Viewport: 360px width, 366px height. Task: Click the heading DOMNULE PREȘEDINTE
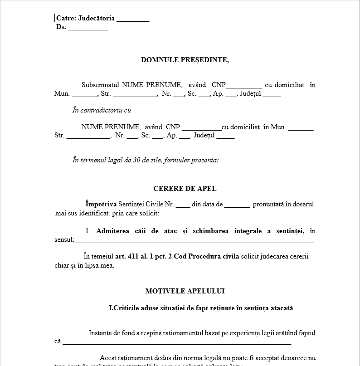coord(185,60)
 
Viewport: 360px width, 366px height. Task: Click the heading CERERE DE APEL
coord(185,189)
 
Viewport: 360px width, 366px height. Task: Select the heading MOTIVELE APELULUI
coord(185,291)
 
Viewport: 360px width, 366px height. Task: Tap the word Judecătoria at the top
coord(96,19)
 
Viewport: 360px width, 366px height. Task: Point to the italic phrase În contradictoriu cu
coord(102,110)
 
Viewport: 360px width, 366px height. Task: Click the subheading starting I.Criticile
coord(201,308)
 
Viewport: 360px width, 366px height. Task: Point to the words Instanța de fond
coord(110,333)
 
